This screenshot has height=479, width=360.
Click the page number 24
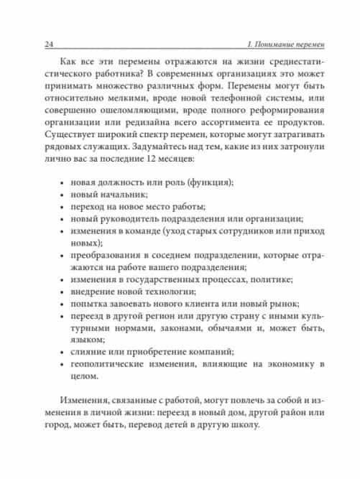(50, 45)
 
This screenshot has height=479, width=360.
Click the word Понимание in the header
(267, 45)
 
